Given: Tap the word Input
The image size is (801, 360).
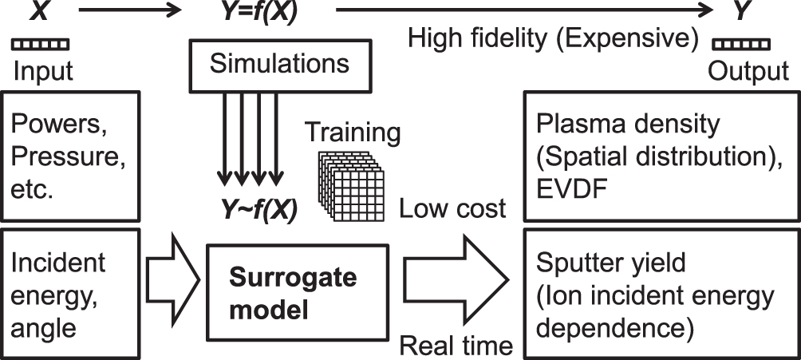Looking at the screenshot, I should coord(43,72).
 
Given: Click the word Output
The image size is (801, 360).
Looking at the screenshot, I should coord(749,72).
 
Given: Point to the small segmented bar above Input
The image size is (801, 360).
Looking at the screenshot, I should coord(42,43).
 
